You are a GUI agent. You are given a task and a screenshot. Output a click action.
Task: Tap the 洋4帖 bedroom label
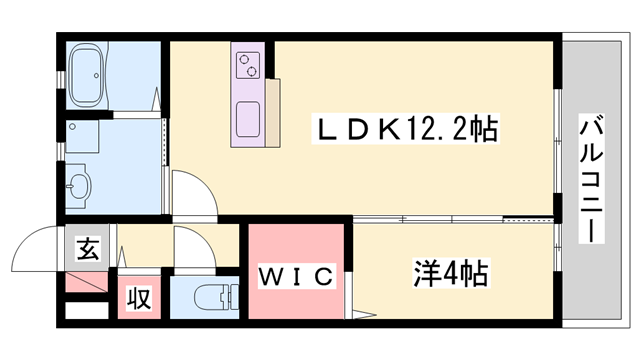(x=453, y=271)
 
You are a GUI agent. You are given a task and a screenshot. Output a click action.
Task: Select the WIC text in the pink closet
(x=296, y=277)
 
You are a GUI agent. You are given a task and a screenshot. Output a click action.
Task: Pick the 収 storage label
(x=138, y=299)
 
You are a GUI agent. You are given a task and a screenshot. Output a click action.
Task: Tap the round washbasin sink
(x=80, y=185)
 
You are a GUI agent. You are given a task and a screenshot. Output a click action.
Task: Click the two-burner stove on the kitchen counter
(x=248, y=66)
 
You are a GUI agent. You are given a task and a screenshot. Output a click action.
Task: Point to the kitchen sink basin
(x=248, y=114)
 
